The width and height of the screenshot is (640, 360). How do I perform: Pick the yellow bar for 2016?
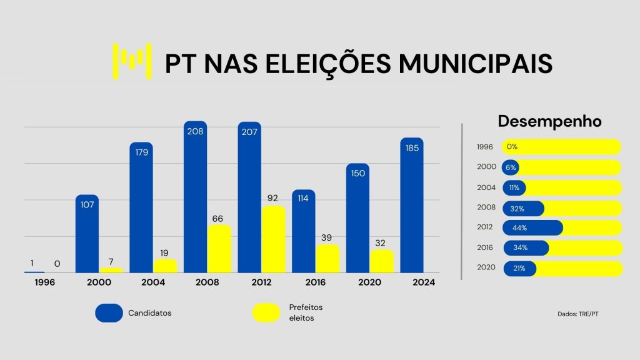click(x=327, y=259)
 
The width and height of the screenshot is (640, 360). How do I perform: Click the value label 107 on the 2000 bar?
click(x=87, y=204)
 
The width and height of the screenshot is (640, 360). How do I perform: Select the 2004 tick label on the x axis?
click(x=153, y=282)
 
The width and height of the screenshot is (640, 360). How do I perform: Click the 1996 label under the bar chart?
click(x=45, y=282)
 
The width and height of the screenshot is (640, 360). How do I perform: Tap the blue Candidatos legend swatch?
click(x=109, y=313)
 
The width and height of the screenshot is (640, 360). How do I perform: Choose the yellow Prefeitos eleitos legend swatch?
click(x=266, y=313)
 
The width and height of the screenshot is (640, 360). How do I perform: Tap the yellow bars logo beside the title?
click(x=132, y=61)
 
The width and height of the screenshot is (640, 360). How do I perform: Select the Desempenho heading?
click(x=549, y=121)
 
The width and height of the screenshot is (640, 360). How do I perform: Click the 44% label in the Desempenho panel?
click(x=520, y=227)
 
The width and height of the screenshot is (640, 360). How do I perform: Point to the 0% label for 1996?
click(x=512, y=147)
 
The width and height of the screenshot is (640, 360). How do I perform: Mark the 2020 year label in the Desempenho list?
click(x=486, y=267)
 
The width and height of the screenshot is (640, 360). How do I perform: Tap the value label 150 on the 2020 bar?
click(x=357, y=173)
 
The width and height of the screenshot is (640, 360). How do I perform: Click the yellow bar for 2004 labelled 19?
click(x=165, y=266)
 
